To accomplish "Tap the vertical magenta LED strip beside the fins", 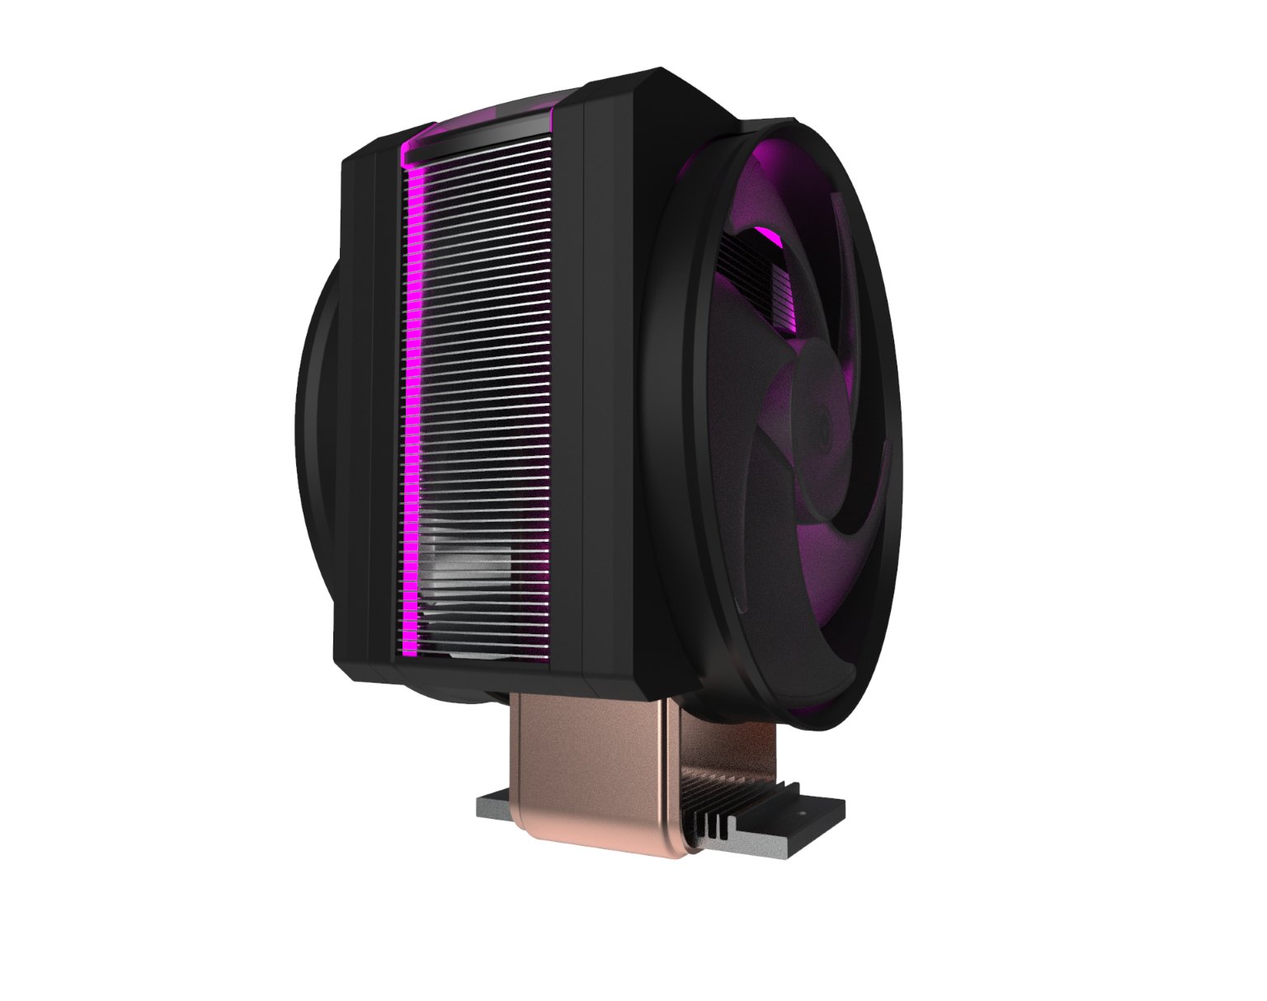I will [x=410, y=396].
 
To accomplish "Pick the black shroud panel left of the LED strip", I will [x=367, y=412].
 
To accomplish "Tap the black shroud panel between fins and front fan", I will [x=610, y=396].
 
